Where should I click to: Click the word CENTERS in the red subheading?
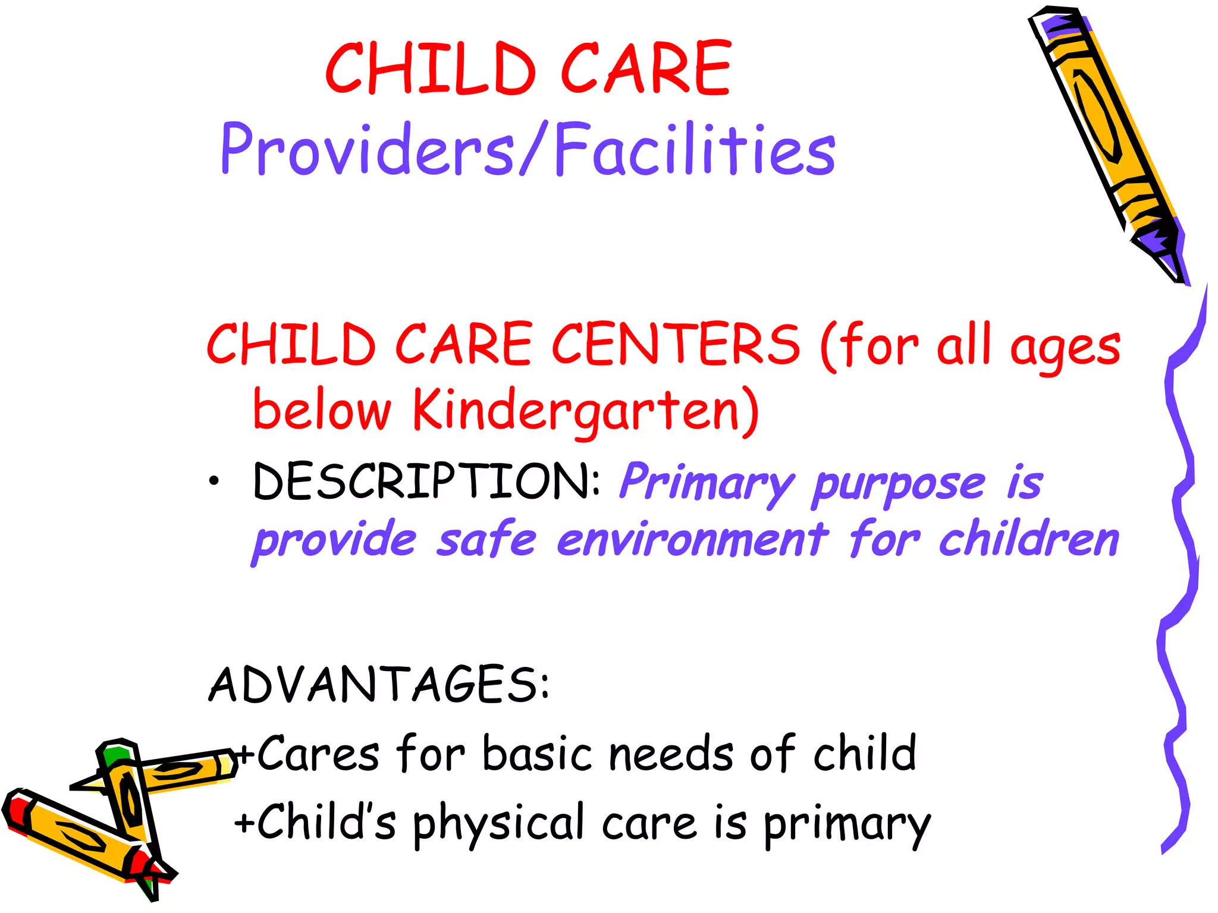[x=676, y=344]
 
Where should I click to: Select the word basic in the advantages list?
[x=537, y=754]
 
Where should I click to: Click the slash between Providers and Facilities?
[x=533, y=149]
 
